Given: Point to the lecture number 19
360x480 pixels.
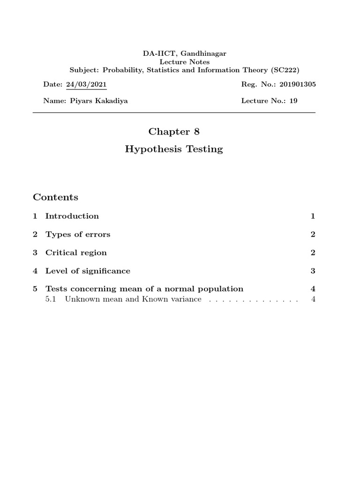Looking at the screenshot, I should tap(293, 101).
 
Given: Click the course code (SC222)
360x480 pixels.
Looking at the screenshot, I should tap(285, 70).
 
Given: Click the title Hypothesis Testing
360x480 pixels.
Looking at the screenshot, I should tap(174, 150).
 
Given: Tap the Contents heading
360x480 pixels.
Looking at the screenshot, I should tap(55, 197).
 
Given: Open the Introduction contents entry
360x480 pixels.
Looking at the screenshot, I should tap(72, 216).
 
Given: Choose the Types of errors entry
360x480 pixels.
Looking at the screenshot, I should tap(78, 234).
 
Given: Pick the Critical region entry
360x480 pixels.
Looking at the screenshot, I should tap(76, 253).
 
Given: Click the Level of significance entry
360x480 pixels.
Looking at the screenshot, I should tap(88, 271).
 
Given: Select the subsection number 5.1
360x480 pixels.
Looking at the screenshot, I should tap(51, 299).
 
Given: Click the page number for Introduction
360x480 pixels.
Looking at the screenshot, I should tap(313, 216).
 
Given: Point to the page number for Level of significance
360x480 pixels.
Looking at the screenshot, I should tap(313, 271).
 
